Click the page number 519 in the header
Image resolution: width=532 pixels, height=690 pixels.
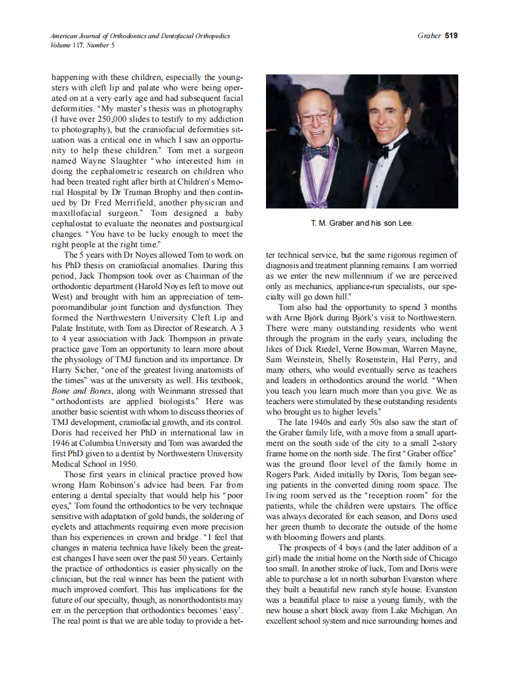click(x=451, y=36)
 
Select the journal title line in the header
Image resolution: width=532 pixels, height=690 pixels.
click(x=140, y=36)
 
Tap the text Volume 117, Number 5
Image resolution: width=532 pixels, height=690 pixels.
click(x=82, y=45)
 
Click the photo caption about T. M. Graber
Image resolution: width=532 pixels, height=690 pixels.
click(x=362, y=223)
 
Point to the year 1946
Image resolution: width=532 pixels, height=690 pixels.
click(x=62, y=443)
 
